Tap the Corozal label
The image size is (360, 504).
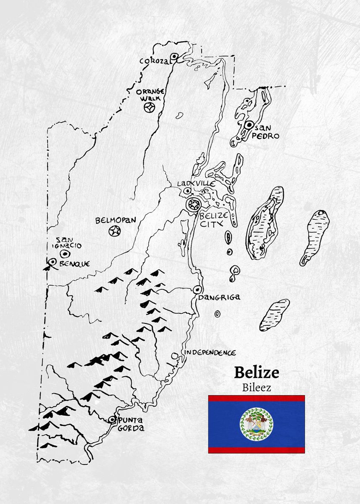tap(155, 61)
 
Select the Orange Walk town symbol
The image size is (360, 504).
tap(149, 108)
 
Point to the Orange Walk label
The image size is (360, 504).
tap(150, 94)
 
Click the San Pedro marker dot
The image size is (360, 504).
tap(249, 125)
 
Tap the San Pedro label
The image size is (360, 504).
tap(265, 132)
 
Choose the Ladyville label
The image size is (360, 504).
tap(196, 184)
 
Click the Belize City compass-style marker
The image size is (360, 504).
tap(193, 205)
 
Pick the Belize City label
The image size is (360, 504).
tap(214, 219)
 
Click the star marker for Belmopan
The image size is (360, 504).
tap(114, 231)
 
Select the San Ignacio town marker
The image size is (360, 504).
tap(65, 253)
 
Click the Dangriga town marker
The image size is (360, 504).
tap(197, 290)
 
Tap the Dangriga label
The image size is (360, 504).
tap(219, 297)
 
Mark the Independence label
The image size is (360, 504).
tap(210, 353)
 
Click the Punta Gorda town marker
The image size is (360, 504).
tap(112, 419)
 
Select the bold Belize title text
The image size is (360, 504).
tap(256, 372)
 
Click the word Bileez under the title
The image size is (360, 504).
tap(256, 387)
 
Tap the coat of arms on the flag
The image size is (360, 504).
tap(256, 424)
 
